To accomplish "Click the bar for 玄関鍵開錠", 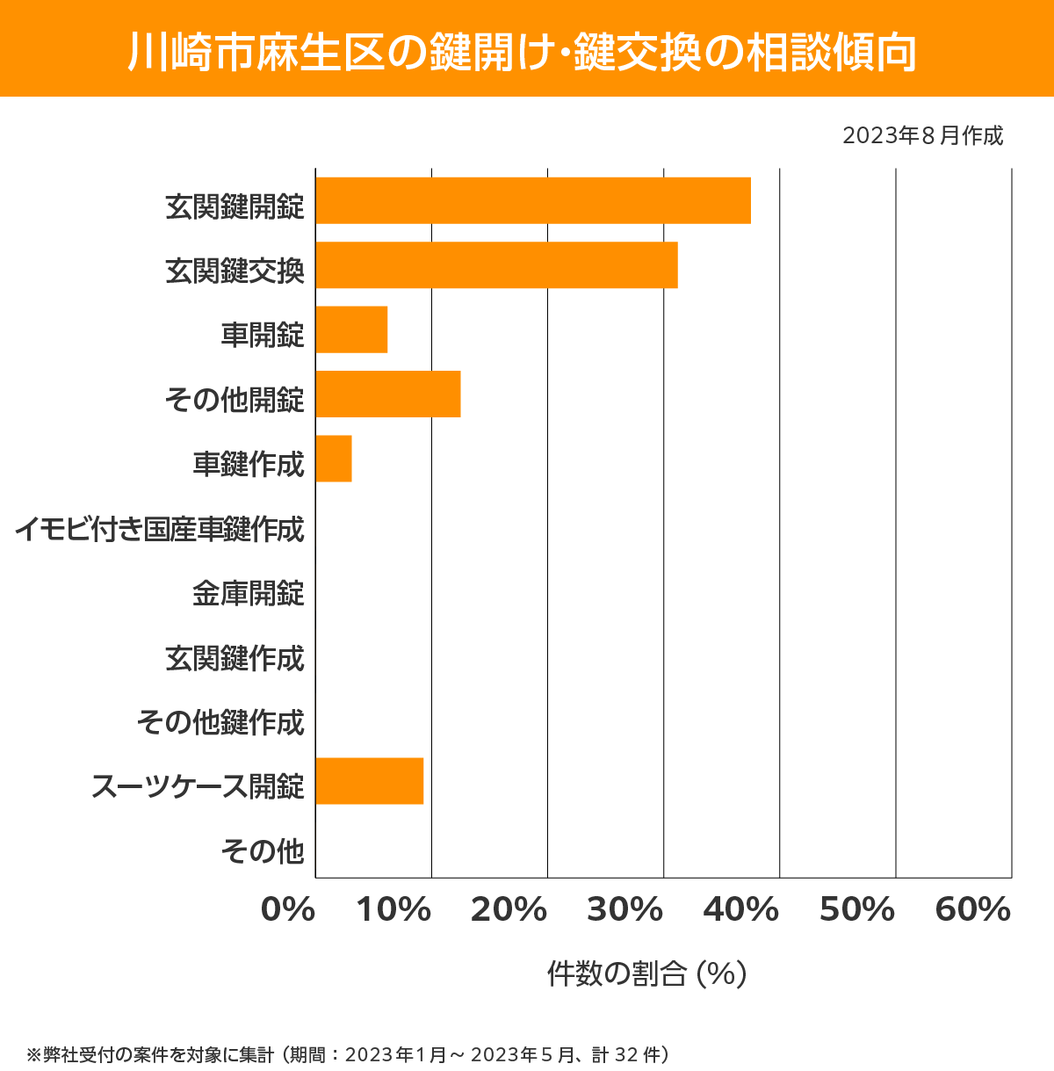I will coord(533,200).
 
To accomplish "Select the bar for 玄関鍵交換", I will coord(496,264).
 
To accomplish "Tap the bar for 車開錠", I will coord(351,329).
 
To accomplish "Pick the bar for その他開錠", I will coord(388,394).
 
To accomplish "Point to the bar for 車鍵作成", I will coord(334,458).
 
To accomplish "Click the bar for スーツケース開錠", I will coord(370,780).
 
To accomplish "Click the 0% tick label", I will coord(288,910).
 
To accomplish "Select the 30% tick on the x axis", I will coord(624,910).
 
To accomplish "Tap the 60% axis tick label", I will coord(973,910).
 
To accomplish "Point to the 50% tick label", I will coord(857,910).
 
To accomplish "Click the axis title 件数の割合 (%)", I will coord(646,973).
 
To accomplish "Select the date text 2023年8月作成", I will coord(922,136).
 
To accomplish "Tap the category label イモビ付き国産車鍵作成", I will coord(160,529).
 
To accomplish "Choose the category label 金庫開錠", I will coord(249,594).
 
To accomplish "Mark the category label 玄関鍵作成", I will coord(235,658).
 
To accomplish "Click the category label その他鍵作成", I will coord(220,722).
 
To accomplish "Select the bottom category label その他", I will coord(263,850).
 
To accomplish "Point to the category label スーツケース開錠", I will coord(199,786).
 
